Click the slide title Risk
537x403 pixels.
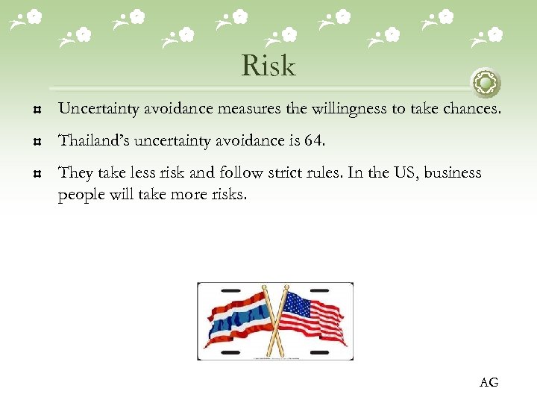(268, 66)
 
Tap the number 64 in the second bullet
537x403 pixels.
(315, 140)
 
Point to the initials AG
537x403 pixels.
(489, 383)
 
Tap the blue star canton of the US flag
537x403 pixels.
(298, 305)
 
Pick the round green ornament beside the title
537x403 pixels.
(486, 82)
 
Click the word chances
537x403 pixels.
(475, 109)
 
